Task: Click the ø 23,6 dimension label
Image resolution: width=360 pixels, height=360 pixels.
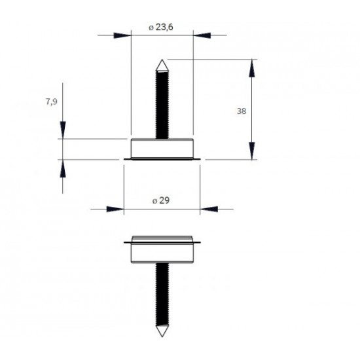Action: click(161, 27)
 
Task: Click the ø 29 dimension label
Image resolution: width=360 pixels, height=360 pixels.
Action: click(161, 201)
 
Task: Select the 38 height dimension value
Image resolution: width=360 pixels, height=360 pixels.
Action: click(242, 111)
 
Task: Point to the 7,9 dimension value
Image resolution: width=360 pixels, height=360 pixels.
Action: click(52, 101)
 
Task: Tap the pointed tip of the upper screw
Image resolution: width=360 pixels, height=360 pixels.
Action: click(162, 60)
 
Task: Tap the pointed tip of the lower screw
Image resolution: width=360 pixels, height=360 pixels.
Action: click(162, 336)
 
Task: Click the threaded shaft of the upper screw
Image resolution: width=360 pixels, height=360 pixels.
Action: click(162, 105)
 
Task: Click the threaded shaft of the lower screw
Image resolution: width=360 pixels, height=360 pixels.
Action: click(162, 295)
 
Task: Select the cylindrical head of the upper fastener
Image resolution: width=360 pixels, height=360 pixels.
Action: click(162, 149)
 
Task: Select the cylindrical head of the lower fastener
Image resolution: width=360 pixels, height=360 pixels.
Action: click(162, 249)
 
